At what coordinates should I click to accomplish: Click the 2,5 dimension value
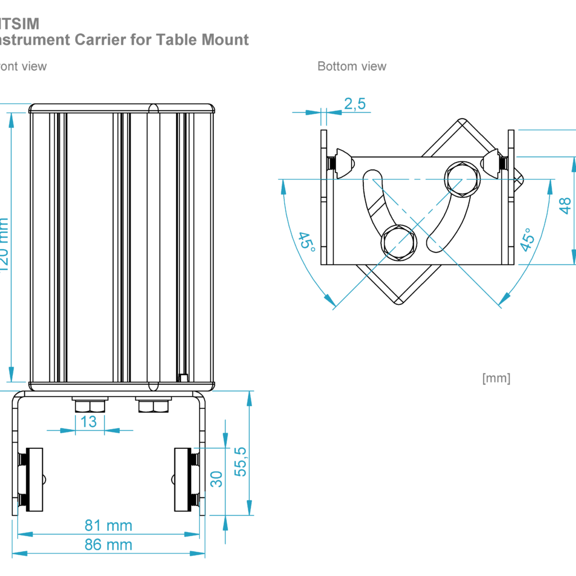click(x=354, y=103)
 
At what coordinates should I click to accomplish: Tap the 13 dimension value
click(x=89, y=421)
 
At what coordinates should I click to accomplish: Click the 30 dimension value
click(x=217, y=479)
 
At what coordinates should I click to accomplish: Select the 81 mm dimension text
click(x=109, y=525)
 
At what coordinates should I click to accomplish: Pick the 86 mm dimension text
click(x=109, y=544)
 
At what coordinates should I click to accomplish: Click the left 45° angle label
click(x=307, y=241)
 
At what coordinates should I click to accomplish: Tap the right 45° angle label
click(x=526, y=240)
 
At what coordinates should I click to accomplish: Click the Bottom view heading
click(x=352, y=66)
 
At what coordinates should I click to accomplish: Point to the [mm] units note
click(x=496, y=378)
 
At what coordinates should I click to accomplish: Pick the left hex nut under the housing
click(x=90, y=406)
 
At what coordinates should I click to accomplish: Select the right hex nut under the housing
click(x=153, y=406)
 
